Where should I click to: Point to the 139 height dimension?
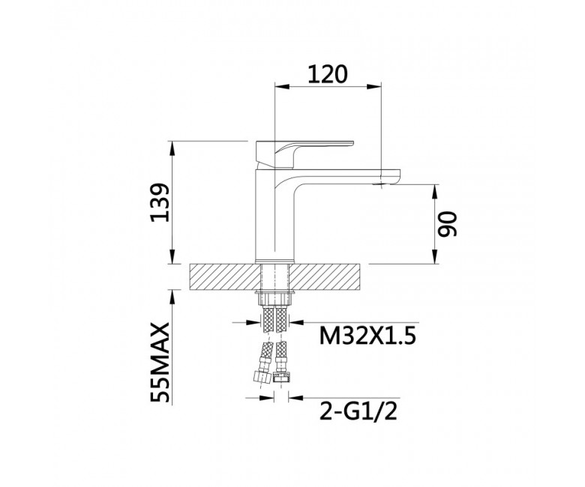tap(160, 202)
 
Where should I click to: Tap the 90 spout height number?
tap(447, 224)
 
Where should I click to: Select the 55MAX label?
tap(160, 363)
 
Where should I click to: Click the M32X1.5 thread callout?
tap(367, 337)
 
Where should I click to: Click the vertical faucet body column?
tap(274, 214)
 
